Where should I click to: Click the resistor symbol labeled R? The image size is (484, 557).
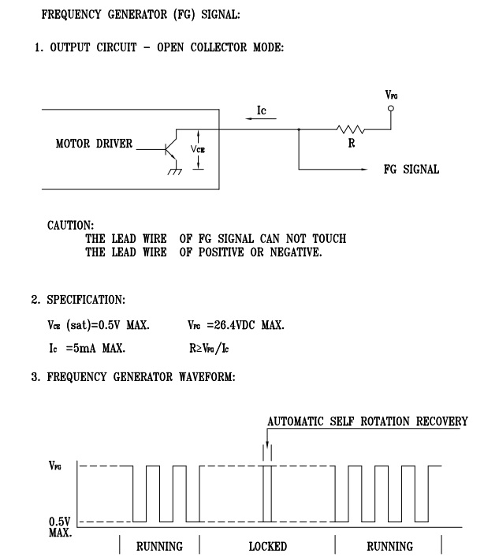[350, 129]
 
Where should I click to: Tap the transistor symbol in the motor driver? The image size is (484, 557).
[171, 149]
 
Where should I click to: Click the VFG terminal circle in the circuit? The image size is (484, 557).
[391, 108]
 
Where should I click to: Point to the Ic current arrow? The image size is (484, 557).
[261, 118]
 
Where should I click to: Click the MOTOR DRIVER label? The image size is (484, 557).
[94, 144]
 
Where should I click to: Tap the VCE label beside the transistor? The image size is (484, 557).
[198, 149]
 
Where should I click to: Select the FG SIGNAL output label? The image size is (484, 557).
[411, 169]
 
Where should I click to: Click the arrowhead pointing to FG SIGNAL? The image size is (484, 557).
[364, 169]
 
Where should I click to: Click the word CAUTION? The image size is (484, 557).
[71, 225]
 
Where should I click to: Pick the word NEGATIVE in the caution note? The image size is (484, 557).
[296, 252]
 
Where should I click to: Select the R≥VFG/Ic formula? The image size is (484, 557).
[209, 348]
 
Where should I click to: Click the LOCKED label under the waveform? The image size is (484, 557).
[268, 546]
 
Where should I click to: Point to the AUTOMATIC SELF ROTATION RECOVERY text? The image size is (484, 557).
[367, 421]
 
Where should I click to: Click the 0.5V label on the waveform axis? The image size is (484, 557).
[60, 521]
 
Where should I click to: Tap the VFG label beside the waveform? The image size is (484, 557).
[55, 465]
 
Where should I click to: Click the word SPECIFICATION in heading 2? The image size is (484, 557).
[86, 300]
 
